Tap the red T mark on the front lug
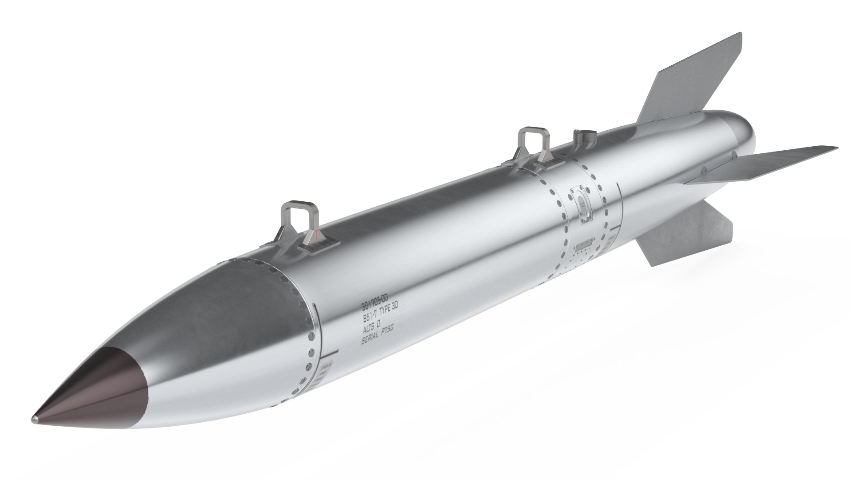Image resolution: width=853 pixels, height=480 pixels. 315,234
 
